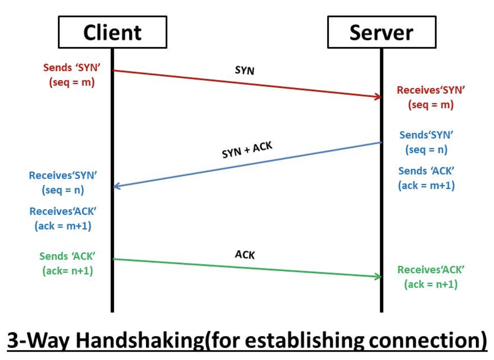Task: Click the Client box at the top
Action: pos(112,32)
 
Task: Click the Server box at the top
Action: pos(381,32)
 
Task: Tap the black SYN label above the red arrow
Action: pos(245,70)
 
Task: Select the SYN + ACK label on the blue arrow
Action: pos(247,150)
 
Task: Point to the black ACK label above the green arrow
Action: pos(245,254)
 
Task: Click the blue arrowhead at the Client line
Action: pos(117,186)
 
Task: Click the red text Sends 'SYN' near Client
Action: pos(72,68)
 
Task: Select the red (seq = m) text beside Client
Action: pos(72,82)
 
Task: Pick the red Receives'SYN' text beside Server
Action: pos(431,90)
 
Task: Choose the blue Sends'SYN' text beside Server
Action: pos(426,135)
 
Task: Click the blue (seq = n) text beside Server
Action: pos(426,150)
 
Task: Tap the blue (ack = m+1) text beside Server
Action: pos(426,185)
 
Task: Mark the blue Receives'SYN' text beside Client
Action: pos(63,176)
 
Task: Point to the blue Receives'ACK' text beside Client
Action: pos(63,211)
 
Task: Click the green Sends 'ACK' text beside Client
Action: pos(67,256)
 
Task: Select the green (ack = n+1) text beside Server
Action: pos(431,284)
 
